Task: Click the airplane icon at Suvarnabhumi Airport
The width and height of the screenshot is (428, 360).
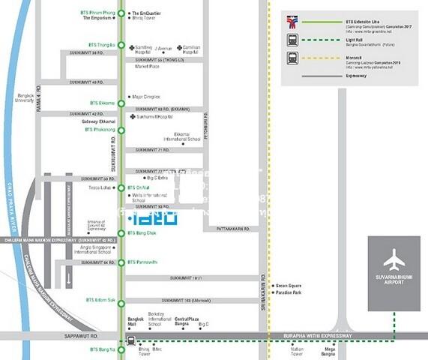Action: [394, 261]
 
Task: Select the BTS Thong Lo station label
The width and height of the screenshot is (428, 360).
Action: [101, 45]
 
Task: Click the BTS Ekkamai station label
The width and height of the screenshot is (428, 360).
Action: [102, 103]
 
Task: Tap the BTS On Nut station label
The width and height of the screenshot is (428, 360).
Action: [139, 187]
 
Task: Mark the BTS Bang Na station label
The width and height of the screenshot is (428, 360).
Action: [102, 349]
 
